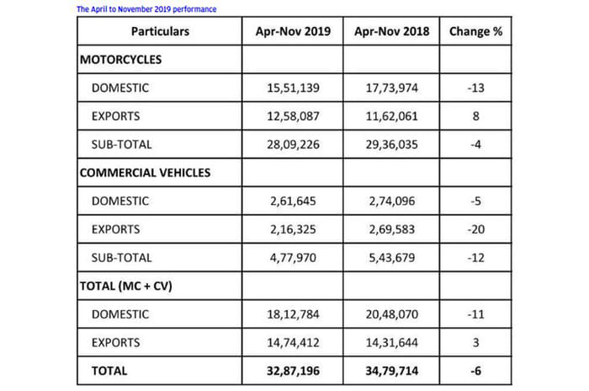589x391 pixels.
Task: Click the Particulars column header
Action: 160,33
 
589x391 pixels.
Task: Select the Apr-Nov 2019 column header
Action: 292,33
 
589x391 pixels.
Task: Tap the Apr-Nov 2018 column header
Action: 392,33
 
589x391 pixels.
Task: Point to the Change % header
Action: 477,33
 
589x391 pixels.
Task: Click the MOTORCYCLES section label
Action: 120,61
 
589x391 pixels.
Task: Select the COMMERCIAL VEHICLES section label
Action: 145,174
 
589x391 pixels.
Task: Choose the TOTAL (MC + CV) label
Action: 129,287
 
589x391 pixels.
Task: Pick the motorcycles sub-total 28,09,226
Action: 292,145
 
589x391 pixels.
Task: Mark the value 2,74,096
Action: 392,201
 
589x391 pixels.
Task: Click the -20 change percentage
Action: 477,229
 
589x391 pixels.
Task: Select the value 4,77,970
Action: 292,258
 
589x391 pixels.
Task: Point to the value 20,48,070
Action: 392,314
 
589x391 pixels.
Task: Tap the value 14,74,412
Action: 292,343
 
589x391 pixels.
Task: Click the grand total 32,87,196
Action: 292,371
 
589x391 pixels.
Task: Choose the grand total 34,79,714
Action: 392,371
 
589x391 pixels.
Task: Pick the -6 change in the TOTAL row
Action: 477,371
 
